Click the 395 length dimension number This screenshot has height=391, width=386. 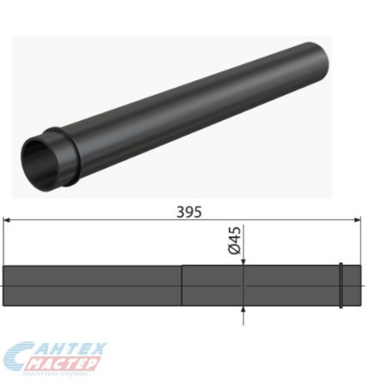[x=189, y=211]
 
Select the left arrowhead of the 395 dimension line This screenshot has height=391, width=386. [x=10, y=222]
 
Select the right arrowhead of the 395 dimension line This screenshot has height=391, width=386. [x=359, y=222]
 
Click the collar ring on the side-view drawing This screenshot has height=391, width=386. [x=341, y=285]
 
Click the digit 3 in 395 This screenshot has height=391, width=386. [x=179, y=211]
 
